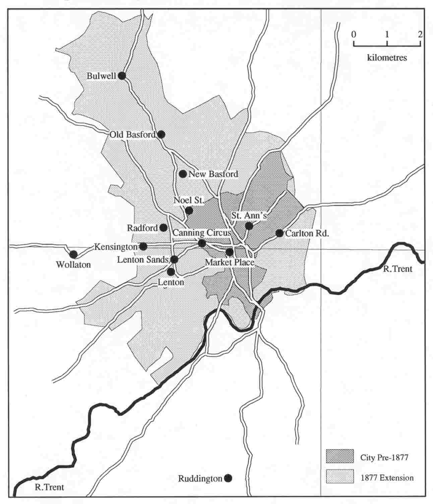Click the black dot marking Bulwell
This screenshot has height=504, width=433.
point(122,76)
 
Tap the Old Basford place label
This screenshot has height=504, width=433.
point(133,135)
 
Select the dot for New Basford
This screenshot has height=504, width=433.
point(183,174)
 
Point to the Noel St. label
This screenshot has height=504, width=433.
point(189,201)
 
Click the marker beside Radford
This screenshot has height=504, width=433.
point(164,228)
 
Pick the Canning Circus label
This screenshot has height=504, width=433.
point(202,233)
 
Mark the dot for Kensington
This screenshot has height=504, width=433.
point(143,246)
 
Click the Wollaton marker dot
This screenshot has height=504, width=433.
point(73,254)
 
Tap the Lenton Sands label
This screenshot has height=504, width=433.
point(143,260)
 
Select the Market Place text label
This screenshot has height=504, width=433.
point(230,262)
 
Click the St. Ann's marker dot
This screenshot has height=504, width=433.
point(249,226)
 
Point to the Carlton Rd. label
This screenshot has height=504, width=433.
point(307,234)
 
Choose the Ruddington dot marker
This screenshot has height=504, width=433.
point(228,478)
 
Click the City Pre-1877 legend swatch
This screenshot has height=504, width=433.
point(340,456)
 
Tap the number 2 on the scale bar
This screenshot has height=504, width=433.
point(420,34)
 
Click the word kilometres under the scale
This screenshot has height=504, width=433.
point(387,58)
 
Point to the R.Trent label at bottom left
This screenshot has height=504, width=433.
point(49,487)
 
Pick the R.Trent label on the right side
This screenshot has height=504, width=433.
point(397,269)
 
